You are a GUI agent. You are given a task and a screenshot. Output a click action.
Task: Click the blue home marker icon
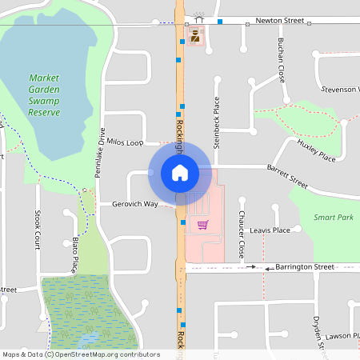[179, 172]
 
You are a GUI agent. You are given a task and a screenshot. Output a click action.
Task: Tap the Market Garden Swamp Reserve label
[44, 95]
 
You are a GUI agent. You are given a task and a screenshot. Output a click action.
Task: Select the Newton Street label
[280, 21]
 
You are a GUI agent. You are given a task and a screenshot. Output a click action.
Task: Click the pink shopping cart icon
[202, 225]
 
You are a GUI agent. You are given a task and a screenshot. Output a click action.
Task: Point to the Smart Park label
[334, 218]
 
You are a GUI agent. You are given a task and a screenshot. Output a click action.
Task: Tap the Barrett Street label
[287, 172]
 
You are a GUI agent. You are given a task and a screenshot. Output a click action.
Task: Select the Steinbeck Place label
[216, 122]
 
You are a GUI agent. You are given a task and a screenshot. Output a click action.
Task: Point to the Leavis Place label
[270, 230]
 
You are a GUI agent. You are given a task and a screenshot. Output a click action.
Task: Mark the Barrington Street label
[304, 266]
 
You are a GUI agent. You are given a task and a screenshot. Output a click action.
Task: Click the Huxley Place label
[316, 150]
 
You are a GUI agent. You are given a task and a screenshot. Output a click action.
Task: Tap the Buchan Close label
[282, 59]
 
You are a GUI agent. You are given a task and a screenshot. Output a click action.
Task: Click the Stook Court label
[38, 227]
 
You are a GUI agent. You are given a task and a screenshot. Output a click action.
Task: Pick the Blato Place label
[74, 254]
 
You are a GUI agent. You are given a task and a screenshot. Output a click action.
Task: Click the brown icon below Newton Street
[194, 35]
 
